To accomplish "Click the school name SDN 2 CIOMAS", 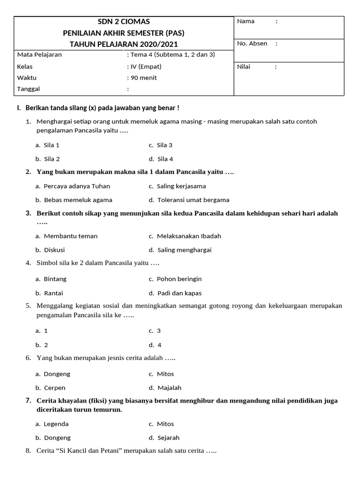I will click(x=124, y=22).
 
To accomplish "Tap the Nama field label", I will click(x=246, y=21).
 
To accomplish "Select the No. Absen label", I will click(x=252, y=44).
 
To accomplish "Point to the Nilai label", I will click(x=244, y=67).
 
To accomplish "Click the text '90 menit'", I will click(x=143, y=78).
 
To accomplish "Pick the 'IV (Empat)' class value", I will click(x=146, y=67).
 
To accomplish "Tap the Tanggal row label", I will click(x=29, y=89).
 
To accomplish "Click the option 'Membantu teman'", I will click(x=71, y=236).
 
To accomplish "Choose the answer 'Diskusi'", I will click(x=54, y=250).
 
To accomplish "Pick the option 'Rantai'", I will click(x=54, y=293).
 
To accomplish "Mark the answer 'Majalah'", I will click(x=169, y=388).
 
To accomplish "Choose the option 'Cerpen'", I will click(x=55, y=388).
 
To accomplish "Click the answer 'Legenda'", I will click(x=56, y=424).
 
